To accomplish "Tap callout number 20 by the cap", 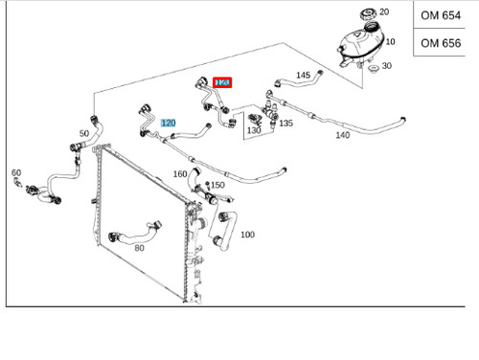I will click(384, 11).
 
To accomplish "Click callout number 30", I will click(386, 66).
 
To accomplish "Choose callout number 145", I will click(304, 75).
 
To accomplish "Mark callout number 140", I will click(343, 135).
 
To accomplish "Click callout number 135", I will click(285, 124).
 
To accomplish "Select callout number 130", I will click(254, 130).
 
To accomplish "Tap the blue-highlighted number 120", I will click(169, 123).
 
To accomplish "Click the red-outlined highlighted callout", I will click(222, 84).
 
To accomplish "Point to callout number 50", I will click(84, 133).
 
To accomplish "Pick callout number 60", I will click(16, 172).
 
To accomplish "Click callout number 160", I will click(180, 173).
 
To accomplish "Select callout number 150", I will click(217, 185).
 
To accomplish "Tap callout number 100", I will click(247, 235).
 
